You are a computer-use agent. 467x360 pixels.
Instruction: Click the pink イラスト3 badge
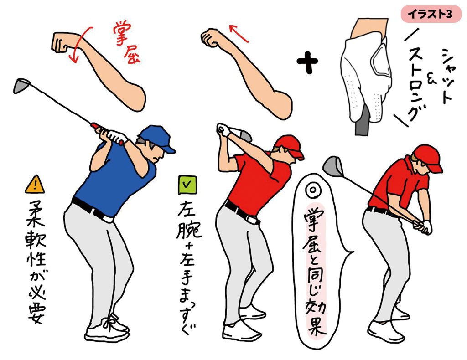click(x=431, y=14)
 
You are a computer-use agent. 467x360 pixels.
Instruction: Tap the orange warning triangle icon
click(x=35, y=185)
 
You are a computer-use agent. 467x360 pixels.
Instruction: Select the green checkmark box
click(x=187, y=185)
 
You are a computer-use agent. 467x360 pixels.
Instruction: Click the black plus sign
click(x=307, y=62)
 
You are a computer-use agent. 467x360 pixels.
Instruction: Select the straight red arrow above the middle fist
click(x=239, y=33)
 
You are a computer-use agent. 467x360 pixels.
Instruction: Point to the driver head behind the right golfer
click(x=333, y=166)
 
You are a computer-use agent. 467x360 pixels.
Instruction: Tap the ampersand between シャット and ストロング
click(x=431, y=78)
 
